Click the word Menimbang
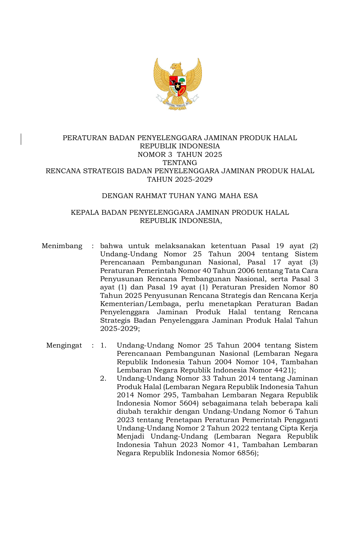62,246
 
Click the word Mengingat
64,345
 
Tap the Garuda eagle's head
176,67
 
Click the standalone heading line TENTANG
180,163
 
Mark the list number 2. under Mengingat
103,378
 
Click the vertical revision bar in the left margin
21,139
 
